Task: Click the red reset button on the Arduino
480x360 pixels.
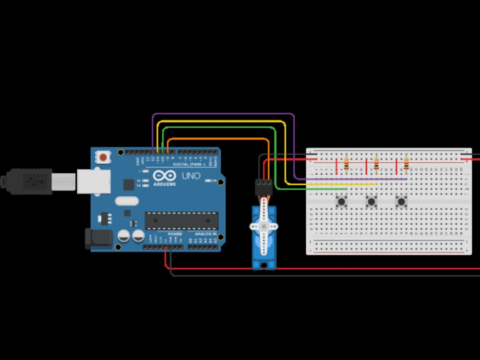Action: pos(103,157)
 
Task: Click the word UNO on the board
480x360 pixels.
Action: pos(191,176)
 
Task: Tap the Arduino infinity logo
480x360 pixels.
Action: pos(164,176)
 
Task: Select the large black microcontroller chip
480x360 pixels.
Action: pos(181,220)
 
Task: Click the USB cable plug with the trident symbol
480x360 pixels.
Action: pos(31,181)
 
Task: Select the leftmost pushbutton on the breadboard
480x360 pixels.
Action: pos(342,201)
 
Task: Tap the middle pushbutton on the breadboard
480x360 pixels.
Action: pos(371,201)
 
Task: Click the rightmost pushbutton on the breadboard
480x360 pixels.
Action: pos(401,201)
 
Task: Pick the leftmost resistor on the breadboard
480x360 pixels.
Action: pos(346,165)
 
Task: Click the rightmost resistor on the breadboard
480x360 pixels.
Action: pos(406,165)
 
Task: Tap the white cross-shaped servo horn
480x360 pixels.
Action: pos(264,227)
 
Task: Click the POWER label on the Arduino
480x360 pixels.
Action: pos(174,234)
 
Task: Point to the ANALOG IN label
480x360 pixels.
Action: pos(205,234)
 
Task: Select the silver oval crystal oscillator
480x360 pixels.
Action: pos(127,201)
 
